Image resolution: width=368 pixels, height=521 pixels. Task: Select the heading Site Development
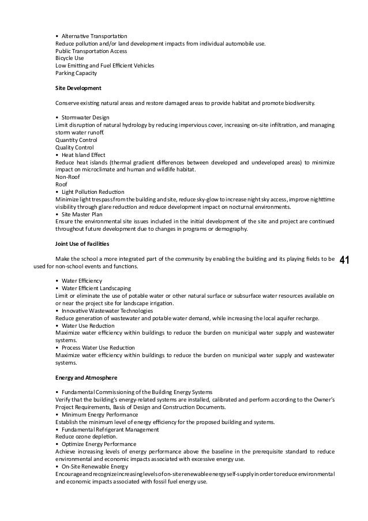(78, 88)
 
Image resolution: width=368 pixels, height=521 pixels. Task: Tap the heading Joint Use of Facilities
(83, 243)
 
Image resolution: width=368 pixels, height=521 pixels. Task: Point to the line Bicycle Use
(69, 58)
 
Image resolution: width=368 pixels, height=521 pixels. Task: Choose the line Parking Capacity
(76, 73)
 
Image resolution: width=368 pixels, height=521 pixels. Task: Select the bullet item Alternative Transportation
(95, 36)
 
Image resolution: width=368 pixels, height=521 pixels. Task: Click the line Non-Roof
(67, 177)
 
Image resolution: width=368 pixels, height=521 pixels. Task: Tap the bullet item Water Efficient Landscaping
(96, 288)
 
